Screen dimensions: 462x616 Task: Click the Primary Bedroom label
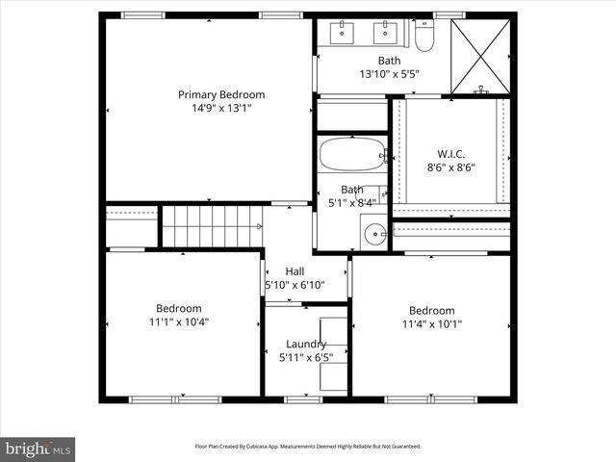220,94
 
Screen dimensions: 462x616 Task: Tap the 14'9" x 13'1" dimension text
220,109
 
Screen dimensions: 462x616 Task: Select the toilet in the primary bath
424,37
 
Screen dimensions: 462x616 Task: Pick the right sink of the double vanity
385,33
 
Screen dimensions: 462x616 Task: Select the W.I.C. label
450,153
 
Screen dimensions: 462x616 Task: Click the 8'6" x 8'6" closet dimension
450,167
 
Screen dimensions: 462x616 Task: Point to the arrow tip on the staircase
261,226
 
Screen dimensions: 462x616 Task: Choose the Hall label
295,271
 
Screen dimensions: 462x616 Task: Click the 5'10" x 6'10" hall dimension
295,285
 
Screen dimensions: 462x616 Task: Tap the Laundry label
306,344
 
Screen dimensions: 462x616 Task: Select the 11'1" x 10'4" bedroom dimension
181,321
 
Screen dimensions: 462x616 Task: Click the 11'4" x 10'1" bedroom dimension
431,323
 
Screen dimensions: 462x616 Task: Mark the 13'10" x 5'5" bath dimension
389,74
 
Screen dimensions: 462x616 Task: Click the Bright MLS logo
38,448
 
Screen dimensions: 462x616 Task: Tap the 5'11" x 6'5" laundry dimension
306,357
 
